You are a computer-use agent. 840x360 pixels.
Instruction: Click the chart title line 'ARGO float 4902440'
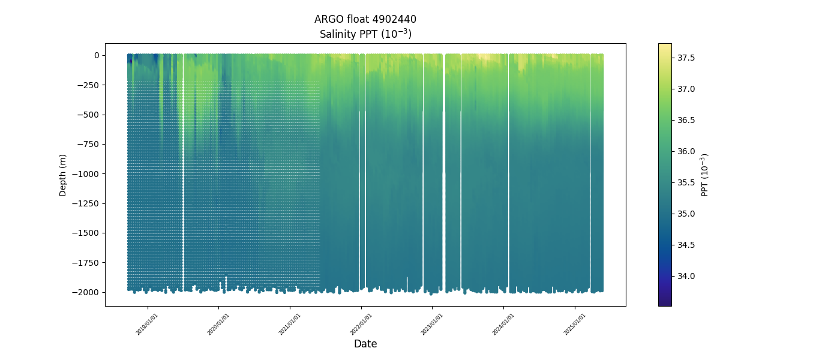coord(365,19)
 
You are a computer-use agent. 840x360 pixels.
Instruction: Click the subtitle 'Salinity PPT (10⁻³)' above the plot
coord(365,34)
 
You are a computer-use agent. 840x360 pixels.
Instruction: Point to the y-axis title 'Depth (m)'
coord(63,175)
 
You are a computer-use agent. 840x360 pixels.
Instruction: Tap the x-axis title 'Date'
coord(365,344)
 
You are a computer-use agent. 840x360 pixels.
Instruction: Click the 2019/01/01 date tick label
coord(148,324)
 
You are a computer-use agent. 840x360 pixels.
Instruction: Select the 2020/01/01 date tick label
coord(219,324)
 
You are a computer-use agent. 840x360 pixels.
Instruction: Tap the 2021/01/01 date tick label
coord(290,324)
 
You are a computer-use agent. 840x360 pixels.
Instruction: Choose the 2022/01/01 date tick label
coord(362,324)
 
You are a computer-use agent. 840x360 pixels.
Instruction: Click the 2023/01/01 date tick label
coord(433,324)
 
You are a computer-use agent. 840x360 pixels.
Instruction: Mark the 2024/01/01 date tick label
coord(504,324)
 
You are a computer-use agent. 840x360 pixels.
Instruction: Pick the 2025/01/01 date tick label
coord(575,324)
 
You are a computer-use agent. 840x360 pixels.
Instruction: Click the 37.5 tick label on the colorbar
coord(686,58)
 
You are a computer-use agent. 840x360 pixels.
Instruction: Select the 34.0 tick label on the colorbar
coord(686,276)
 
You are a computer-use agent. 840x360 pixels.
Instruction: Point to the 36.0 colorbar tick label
coord(686,151)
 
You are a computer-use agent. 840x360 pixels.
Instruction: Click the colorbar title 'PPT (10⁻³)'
coord(705,175)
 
